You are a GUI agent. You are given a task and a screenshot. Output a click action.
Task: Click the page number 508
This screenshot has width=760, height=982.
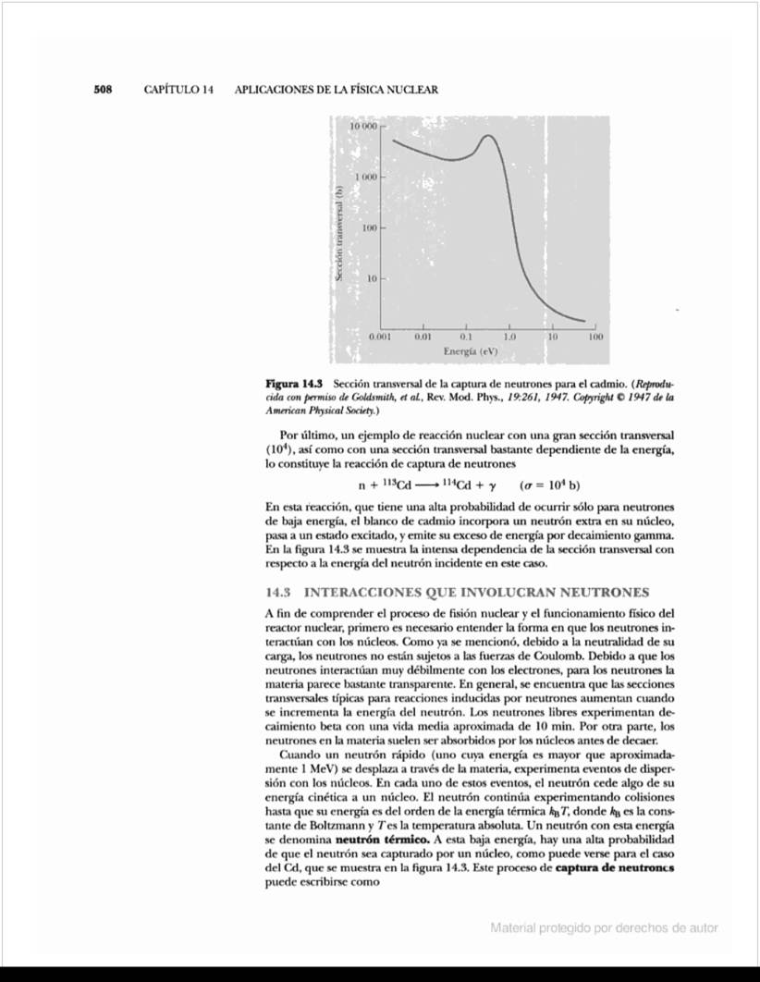coord(103,90)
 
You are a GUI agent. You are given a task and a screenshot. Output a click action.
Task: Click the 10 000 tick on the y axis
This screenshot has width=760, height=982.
coord(364,125)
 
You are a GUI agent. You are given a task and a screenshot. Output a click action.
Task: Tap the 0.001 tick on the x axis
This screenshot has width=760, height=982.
coord(380,339)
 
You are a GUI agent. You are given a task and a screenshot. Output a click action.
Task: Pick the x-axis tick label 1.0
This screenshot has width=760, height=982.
coord(509,339)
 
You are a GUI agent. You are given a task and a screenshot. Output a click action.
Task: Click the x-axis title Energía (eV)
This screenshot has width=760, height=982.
coord(470,352)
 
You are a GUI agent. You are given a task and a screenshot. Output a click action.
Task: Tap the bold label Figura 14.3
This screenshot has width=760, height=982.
coord(295,383)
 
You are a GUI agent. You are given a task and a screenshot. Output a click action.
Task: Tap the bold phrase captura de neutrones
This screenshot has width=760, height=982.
coord(614,869)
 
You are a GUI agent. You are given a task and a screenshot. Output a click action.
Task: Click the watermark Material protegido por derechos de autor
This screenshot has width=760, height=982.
coord(604,928)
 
